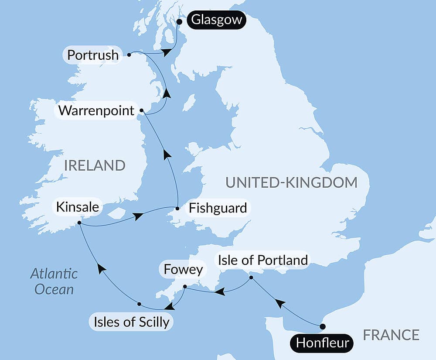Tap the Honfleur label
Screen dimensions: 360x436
pyautogui.click(x=322, y=343)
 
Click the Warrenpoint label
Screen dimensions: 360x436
pyautogui.click(x=96, y=110)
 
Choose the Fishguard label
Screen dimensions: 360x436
pyautogui.click(x=218, y=208)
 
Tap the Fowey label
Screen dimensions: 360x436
pyautogui.click(x=183, y=270)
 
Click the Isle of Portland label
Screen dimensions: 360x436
pyautogui.click(x=262, y=260)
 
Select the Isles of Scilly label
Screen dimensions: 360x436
pyautogui.click(x=131, y=322)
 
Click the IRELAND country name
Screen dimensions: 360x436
pyautogui.click(x=95, y=165)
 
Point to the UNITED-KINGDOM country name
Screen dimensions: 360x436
pyautogui.click(x=291, y=182)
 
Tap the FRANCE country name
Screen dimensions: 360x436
pyautogui.click(x=391, y=335)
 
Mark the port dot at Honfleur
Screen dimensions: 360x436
pyautogui.click(x=323, y=326)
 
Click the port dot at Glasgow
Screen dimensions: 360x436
pyautogui.click(x=179, y=21)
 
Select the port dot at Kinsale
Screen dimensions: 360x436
pyautogui.click(x=79, y=223)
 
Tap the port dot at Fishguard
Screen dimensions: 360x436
pyautogui.click(x=177, y=209)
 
